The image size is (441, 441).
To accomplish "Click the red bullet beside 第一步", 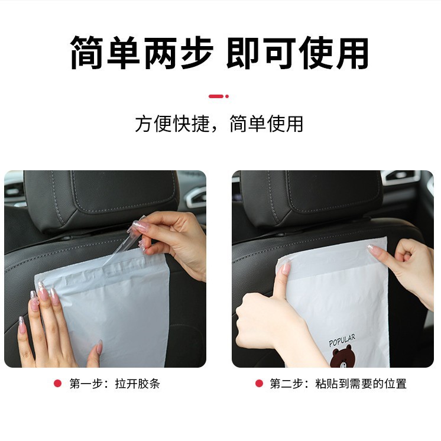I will click(x=57, y=384).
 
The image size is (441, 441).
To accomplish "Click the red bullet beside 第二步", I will click(x=259, y=384).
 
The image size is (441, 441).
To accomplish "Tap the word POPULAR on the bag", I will click(x=342, y=341).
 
